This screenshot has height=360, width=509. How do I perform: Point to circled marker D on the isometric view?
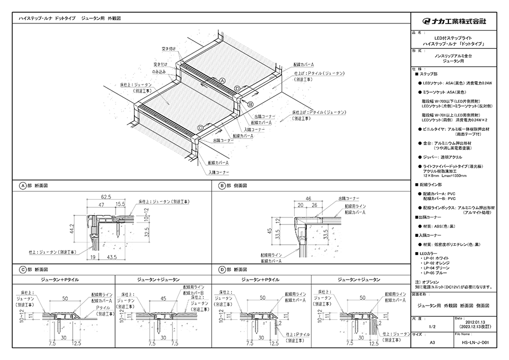pyautogui.click(x=237, y=89)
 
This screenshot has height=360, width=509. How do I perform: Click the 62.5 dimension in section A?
pyautogui.click(x=106, y=196)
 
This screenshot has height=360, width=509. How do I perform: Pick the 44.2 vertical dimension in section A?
pyautogui.click(x=73, y=228)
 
